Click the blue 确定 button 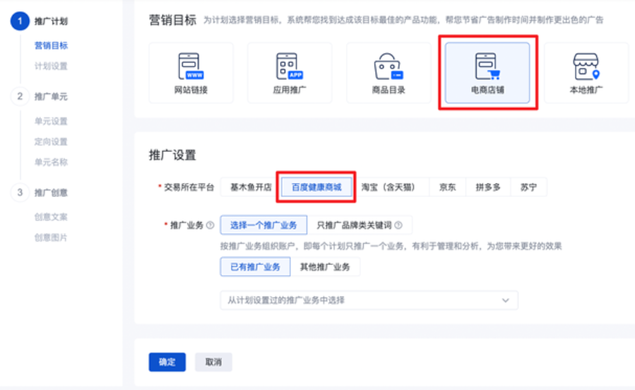tap(167, 362)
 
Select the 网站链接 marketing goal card tap(191, 73)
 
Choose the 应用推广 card tap(290, 73)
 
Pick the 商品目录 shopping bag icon tap(388, 66)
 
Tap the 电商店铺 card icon tap(487, 66)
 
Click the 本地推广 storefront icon tap(586, 66)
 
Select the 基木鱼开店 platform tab tap(251, 187)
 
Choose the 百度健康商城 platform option tap(316, 187)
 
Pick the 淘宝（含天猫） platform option tap(388, 187)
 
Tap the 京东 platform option tap(448, 187)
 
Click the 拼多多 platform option tap(488, 187)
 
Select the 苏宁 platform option tap(528, 187)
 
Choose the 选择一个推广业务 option tap(263, 225)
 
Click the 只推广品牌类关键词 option tap(360, 225)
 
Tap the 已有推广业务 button tap(255, 267)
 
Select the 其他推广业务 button tap(325, 267)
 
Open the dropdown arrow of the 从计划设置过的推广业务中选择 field tap(506, 300)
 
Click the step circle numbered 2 tap(20, 96)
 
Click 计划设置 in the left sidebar tap(51, 66)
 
